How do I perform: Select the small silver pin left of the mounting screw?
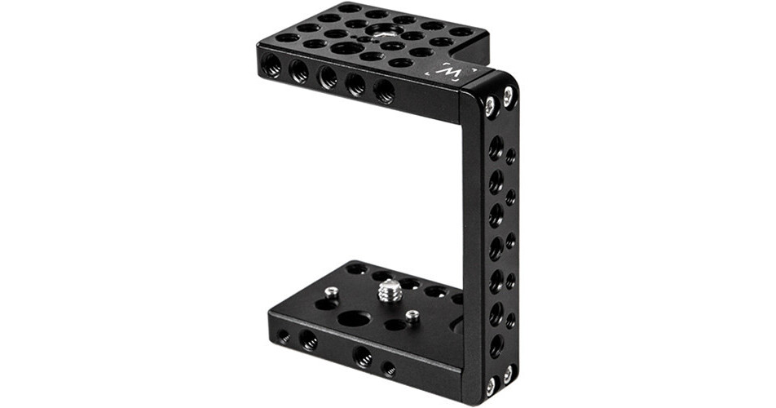pos(331,292)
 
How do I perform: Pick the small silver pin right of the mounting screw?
pos(413,315)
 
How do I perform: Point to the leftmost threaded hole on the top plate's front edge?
pos(272,68)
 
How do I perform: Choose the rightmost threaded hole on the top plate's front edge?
pos(384,91)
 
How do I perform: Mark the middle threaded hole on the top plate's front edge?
pos(328,78)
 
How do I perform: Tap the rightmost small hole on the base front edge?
pos(390,368)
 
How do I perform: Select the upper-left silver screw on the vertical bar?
pos(489,105)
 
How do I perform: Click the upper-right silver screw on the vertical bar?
pos(509,97)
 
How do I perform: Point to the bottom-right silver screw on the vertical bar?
pos(507,374)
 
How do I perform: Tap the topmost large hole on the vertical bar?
pos(496,149)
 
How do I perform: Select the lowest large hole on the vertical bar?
pos(496,344)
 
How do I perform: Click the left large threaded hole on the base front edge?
pos(309,340)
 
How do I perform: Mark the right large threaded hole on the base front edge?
pos(363,357)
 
